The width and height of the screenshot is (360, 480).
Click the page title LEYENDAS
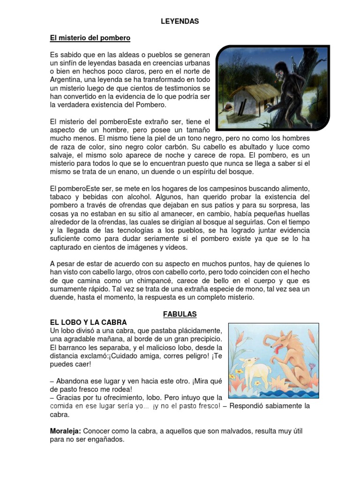tap(180, 21)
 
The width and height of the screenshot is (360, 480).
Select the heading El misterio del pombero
tap(90, 37)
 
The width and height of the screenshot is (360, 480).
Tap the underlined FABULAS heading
tap(180, 314)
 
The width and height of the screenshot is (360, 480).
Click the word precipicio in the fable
tap(198, 339)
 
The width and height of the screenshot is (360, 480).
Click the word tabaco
tap(61, 196)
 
